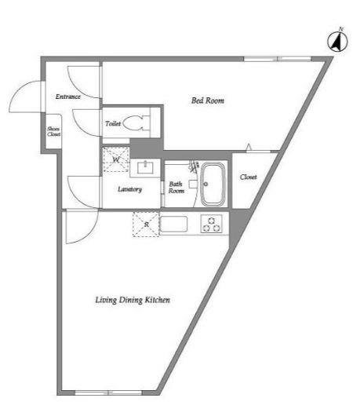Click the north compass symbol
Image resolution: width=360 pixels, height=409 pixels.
tap(337, 41)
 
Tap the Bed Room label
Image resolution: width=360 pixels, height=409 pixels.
tap(208, 100)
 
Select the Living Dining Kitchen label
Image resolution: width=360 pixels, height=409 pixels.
tap(133, 300)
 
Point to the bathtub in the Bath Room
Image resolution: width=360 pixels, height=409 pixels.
tap(213, 184)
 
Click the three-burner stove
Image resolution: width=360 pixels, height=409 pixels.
tap(212, 224)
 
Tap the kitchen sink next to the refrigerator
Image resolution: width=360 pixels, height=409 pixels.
tap(173, 225)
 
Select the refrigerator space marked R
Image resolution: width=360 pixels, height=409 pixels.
tap(146, 225)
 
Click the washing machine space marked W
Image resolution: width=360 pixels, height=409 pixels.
tap(116, 159)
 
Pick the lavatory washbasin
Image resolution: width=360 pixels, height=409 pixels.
tap(145, 167)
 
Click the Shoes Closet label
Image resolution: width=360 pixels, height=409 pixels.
tap(54, 131)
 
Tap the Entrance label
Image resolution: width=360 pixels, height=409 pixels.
tap(68, 97)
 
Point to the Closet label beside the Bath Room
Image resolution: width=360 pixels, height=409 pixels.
tap(249, 177)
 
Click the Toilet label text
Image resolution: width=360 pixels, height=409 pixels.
tap(113, 123)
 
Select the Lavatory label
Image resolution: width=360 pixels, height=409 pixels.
tap(129, 189)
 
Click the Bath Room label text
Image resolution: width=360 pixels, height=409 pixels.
tap(176, 188)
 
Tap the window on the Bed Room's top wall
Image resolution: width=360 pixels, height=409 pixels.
tap(278, 59)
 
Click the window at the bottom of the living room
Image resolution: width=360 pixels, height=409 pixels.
tap(108, 393)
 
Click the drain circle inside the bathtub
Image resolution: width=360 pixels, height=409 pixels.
tap(205, 184)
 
